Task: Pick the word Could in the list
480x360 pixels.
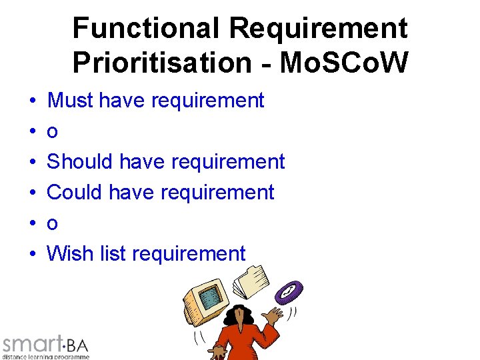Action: coord(74,193)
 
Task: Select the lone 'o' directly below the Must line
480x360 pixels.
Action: coord(52,133)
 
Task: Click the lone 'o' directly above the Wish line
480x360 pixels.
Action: coord(52,224)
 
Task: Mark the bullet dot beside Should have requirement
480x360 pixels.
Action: coord(33,163)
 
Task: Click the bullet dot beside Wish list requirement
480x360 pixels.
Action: coord(33,255)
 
